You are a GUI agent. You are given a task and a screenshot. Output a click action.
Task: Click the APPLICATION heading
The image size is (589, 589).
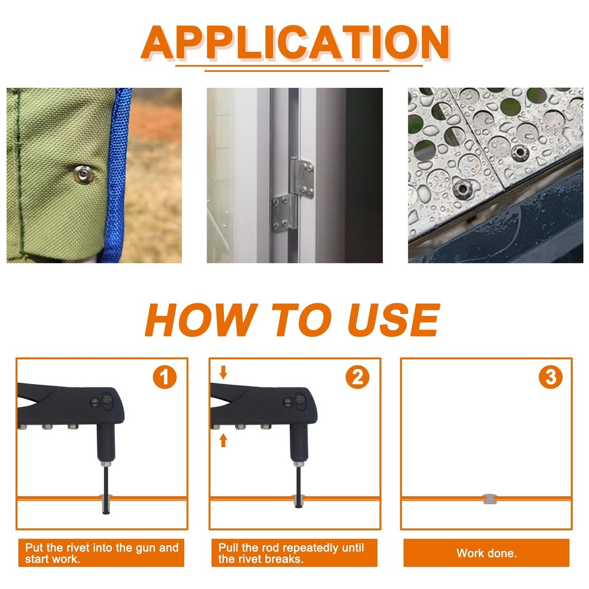pos(295,42)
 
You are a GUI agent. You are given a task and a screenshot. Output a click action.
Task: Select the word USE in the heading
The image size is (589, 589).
pos(393,319)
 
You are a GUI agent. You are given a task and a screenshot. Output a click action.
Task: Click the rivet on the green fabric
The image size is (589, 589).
pos(83,175)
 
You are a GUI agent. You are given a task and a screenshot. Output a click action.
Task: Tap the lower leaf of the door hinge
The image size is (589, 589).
pos(284,213)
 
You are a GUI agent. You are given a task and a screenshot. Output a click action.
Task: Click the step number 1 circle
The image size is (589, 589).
pos(164,377)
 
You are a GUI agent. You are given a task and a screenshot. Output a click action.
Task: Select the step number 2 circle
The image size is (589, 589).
pos(358,377)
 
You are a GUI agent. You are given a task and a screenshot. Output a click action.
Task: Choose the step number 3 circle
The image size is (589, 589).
pos(550,377)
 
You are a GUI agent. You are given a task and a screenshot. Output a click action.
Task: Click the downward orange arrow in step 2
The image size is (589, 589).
pos(223,372)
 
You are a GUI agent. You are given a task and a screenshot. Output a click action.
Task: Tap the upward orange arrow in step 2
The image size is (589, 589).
pos(223,440)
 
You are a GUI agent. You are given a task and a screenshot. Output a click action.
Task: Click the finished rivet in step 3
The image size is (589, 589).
pos(489,499)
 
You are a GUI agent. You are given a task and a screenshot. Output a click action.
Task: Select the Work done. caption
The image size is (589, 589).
pos(487,553)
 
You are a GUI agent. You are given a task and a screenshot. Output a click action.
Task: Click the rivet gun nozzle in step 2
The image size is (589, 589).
pos(299,444)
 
